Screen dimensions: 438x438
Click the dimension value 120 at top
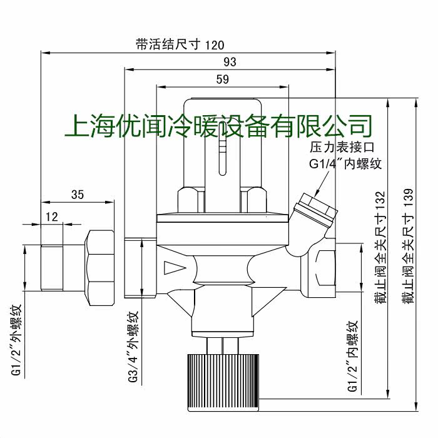(x=215, y=45)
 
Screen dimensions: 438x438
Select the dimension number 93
(x=230, y=62)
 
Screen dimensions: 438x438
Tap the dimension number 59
(x=222, y=79)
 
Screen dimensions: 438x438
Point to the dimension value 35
(x=78, y=195)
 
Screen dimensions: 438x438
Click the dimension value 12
(x=52, y=216)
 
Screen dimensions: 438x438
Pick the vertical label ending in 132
(x=380, y=248)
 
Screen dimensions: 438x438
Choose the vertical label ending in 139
(x=407, y=247)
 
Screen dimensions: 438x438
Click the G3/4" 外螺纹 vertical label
(x=133, y=347)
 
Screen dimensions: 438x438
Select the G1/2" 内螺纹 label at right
(x=352, y=355)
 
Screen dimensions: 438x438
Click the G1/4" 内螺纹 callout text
(x=345, y=164)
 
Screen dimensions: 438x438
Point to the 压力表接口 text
(x=342, y=148)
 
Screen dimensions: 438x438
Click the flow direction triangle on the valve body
(x=175, y=268)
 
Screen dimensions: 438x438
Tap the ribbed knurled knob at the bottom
(x=223, y=382)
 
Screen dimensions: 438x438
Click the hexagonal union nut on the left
(x=99, y=268)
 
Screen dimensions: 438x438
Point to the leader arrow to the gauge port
(x=322, y=184)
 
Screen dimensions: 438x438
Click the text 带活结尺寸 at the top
(x=168, y=44)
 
